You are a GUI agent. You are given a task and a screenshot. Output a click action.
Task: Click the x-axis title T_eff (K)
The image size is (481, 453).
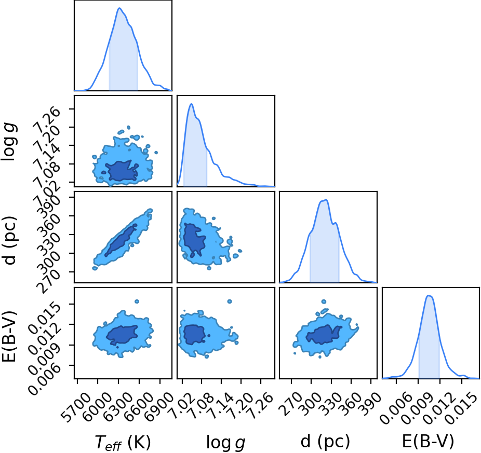(x=123, y=442)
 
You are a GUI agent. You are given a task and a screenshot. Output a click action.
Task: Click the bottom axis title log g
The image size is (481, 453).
(x=226, y=442)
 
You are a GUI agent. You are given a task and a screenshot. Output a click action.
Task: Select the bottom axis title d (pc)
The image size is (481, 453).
(x=325, y=442)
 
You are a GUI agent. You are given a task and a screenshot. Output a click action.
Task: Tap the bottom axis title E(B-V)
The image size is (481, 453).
(x=428, y=442)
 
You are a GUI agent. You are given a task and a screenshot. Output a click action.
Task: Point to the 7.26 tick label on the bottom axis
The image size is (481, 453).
(x=260, y=405)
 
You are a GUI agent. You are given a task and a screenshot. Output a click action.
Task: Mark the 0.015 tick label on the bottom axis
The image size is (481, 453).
(x=460, y=408)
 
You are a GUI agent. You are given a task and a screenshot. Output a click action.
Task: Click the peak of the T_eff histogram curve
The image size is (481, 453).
(x=119, y=8)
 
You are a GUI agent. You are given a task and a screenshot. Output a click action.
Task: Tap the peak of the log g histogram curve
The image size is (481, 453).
(x=192, y=104)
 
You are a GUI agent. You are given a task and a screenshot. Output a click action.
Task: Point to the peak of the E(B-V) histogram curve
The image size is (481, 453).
(x=429, y=295)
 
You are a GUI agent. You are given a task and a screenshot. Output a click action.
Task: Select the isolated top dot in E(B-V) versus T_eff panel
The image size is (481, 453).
(x=137, y=301)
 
